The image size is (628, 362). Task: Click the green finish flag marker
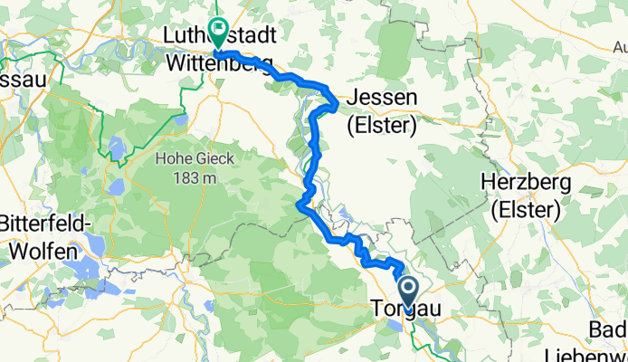218,32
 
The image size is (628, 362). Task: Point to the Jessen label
382,98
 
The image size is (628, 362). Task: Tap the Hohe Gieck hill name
195,158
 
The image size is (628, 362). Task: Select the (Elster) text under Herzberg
526,211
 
